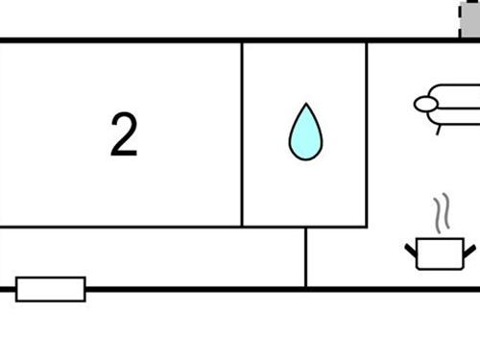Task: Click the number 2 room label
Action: [x=124, y=134]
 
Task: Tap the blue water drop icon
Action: [x=305, y=133]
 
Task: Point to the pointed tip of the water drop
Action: [x=305, y=105]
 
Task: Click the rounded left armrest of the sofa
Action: [x=426, y=105]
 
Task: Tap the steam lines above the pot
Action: [x=441, y=214]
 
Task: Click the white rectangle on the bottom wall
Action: [x=51, y=288]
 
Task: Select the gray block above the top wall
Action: [x=469, y=19]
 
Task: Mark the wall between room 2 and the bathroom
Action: [x=241, y=134]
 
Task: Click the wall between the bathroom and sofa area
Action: [x=367, y=134]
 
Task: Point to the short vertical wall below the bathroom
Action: [x=305, y=256]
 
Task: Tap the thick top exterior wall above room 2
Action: [x=120, y=40]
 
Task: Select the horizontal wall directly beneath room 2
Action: [x=120, y=227]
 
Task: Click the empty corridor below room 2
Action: [x=154, y=256]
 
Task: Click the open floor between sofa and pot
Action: [x=427, y=173]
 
